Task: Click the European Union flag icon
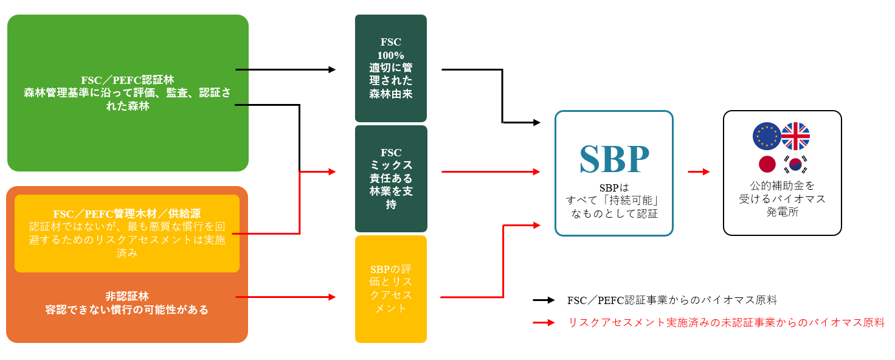766,136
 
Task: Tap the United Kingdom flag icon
795,136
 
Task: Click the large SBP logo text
614,159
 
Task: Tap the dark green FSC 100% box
391,69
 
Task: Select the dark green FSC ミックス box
391,178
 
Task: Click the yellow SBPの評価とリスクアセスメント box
391,289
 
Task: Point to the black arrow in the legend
544,300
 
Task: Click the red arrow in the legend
544,323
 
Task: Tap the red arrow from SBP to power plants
699,172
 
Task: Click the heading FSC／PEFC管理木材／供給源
127,213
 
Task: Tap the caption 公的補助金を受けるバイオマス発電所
782,198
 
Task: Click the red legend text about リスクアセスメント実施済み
726,323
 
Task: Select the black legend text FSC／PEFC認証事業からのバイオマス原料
672,300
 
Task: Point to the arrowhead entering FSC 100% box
331,70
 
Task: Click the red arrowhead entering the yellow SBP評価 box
331,297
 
